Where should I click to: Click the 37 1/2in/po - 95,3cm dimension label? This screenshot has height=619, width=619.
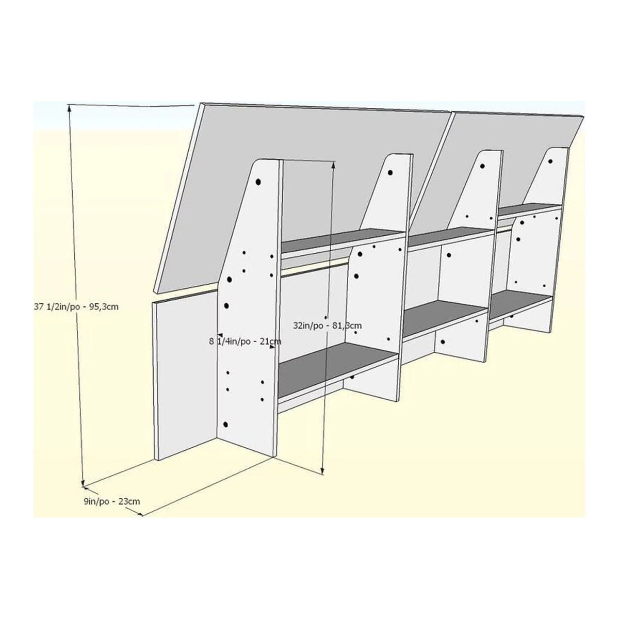point(76,307)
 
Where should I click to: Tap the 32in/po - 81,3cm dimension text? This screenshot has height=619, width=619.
point(328,325)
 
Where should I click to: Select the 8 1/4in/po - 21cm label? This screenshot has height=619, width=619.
point(246,341)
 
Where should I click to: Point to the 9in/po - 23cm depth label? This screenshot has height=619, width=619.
point(112,501)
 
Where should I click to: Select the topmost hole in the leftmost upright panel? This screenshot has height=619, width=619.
point(258,182)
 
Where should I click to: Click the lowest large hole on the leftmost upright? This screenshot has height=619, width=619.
point(225,425)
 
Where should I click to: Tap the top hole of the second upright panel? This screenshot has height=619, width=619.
point(390,172)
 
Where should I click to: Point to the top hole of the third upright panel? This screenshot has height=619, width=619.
point(482,166)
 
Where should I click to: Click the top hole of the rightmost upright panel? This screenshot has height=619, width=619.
point(550,161)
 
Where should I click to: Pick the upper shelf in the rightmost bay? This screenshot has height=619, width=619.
point(530,210)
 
